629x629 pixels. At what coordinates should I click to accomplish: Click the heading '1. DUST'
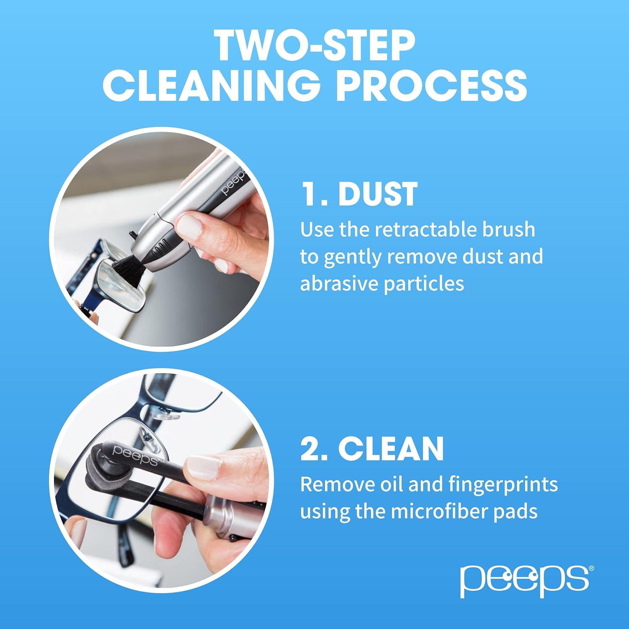[x=359, y=194]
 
